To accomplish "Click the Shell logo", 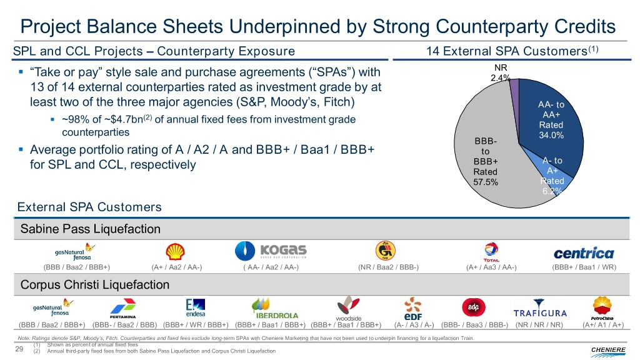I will (175, 251).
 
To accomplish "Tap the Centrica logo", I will (583, 253).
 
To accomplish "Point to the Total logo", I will (491, 252).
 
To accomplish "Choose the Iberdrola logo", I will (274, 307).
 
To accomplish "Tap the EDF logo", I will (413, 308).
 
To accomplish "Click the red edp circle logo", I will (470, 307).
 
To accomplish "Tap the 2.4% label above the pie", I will (500, 78).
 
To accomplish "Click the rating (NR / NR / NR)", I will (539, 324).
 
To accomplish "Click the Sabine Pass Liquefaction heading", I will (91, 229).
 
